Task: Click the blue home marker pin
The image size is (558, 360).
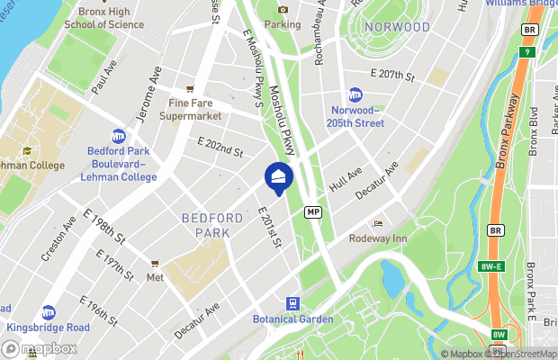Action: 278,177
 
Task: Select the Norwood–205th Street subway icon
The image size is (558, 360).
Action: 355,95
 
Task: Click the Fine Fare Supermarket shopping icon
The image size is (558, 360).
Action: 190,89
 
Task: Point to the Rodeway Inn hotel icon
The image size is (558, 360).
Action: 378,223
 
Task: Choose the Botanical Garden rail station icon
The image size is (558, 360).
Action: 292,303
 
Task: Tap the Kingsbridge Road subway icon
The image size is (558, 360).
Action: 48,311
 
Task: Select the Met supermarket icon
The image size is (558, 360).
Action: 155,265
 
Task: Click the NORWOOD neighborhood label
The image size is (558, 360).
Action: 398,27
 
